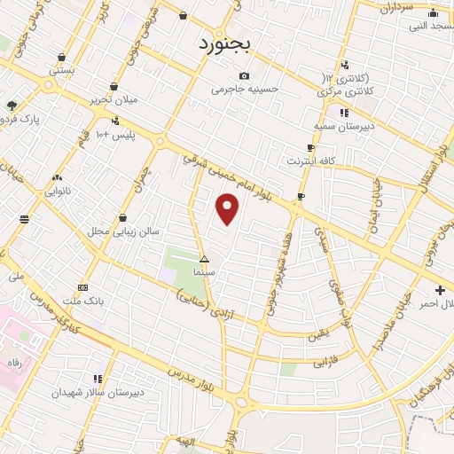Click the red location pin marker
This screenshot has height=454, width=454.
pos(229,208)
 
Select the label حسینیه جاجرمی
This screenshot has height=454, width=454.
pos(245,89)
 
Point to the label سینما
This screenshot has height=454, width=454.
pos(205,273)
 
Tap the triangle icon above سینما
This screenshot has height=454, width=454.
pos(205,261)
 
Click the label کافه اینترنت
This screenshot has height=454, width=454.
pos(309,161)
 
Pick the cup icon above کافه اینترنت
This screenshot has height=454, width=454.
pos(310,148)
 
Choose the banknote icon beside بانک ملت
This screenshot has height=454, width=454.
pos(82,287)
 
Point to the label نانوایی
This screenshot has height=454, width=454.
pos(59,191)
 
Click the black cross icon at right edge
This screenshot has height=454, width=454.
pos(441,290)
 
